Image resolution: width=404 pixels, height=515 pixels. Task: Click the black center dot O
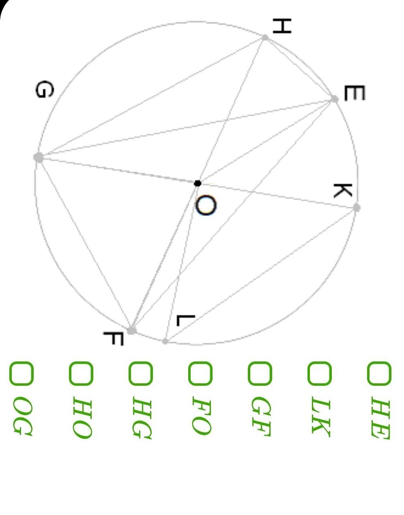coord(198,184)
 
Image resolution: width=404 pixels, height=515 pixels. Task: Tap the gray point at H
coord(265,38)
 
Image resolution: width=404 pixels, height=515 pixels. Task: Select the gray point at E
coord(335,99)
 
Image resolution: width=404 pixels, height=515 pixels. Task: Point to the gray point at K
coord(357,208)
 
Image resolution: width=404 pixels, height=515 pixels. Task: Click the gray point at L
coord(165,341)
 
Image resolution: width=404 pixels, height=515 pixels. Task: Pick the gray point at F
coord(131,330)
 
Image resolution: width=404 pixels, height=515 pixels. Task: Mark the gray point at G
coord(39,157)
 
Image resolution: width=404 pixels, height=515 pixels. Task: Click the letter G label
coord(44,90)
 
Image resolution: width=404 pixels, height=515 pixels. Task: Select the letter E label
coord(354,94)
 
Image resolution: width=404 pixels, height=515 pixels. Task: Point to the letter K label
coord(342,190)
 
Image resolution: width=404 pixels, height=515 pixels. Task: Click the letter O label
coord(206,205)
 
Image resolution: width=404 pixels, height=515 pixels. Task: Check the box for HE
coord(379,373)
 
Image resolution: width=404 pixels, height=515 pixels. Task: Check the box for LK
coord(319,373)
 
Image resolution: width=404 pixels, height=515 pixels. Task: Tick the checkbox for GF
coord(260,373)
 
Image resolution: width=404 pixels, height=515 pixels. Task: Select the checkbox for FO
coord(200,373)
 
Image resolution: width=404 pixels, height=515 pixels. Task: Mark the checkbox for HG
coord(140,373)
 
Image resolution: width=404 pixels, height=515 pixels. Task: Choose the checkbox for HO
coord(81,373)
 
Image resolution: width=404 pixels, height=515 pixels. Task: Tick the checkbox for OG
coord(21,373)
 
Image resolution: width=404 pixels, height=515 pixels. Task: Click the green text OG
coord(22,417)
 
